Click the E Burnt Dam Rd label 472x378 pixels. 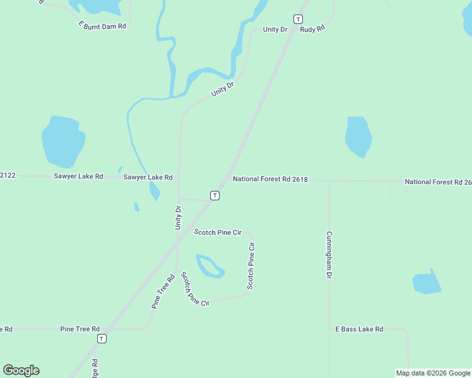point(103,25)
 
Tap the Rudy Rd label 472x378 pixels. point(312,30)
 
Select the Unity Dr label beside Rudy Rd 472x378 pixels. point(275,30)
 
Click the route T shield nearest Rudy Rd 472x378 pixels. point(298,19)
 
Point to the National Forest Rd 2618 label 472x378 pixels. point(270,180)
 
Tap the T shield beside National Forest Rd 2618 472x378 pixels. point(215,195)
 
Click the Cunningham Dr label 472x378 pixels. point(329,255)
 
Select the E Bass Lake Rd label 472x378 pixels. point(359,329)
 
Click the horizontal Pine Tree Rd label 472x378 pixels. point(80,329)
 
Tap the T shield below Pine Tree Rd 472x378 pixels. point(102,339)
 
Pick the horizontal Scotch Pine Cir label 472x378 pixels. point(218,232)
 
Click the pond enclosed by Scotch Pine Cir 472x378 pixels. point(209,266)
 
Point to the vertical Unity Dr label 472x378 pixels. point(179,217)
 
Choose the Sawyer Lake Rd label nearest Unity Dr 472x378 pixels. point(148,178)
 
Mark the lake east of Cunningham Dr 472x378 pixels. point(427,283)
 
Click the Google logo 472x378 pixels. point(21,370)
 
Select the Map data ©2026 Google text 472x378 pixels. point(434,373)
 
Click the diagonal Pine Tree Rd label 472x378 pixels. point(162,291)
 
